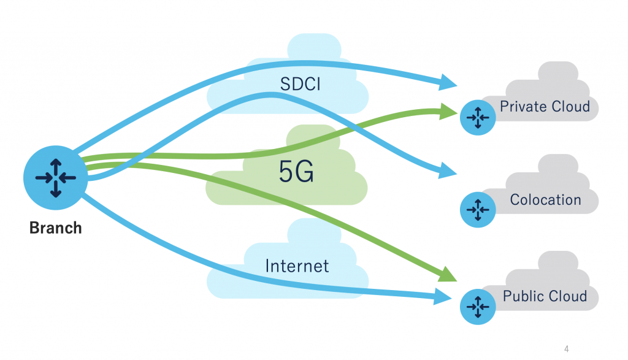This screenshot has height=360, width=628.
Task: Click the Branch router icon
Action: [x=55, y=177]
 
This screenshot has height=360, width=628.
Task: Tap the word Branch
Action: [x=56, y=228]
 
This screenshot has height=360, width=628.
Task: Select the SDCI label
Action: [x=301, y=84]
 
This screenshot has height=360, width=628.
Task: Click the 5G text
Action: [x=296, y=173]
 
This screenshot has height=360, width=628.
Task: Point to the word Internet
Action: [x=297, y=266]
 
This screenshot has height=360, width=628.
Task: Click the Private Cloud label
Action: [x=545, y=106]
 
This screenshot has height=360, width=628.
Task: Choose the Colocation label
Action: [x=545, y=199]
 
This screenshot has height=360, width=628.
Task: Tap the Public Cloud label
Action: [x=545, y=296]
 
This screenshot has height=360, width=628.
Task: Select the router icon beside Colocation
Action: [x=477, y=209]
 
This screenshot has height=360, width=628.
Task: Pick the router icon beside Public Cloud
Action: [x=477, y=305]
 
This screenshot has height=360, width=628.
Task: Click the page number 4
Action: [x=566, y=349]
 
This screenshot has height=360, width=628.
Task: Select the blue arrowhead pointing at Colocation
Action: [x=448, y=172]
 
